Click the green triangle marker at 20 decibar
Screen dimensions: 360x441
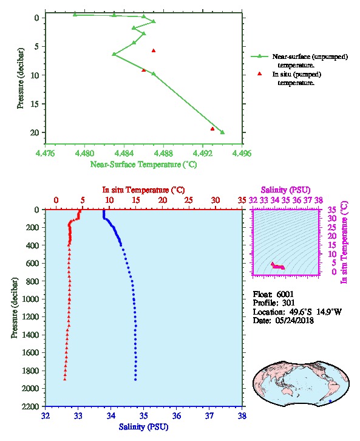222,132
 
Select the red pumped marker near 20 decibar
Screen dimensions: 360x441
212,129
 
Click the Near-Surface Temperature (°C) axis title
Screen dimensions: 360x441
144,165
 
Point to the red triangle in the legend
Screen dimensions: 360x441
260,73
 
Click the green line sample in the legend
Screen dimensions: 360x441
260,56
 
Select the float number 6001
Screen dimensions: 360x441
285,294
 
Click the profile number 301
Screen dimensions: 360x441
288,303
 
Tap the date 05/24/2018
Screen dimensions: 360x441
294,320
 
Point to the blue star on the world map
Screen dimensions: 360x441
330,401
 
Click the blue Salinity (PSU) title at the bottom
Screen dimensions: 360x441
144,427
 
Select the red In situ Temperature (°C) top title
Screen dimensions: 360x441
144,190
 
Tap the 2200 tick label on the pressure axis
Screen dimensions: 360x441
30,406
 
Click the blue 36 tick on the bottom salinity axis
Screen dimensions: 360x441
177,415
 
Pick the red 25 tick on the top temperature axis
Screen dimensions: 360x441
189,200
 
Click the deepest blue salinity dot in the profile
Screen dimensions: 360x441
135,380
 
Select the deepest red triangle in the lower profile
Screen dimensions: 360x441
65,379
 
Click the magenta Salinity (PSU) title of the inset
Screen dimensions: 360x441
286,190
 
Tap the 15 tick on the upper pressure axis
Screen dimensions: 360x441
34,104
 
